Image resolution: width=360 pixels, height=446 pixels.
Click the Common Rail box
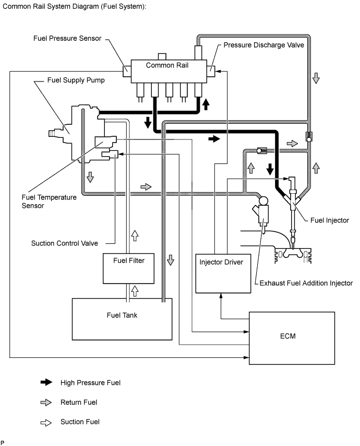(x=169, y=72)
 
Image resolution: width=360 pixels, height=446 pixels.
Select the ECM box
(x=292, y=338)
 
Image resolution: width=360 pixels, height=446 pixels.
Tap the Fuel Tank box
(x=122, y=319)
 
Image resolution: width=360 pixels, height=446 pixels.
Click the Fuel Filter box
(x=129, y=268)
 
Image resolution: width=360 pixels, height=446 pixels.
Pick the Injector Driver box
(x=223, y=273)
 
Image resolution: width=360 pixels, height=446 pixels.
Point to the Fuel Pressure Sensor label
(x=67, y=39)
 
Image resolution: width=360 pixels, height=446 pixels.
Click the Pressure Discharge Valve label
(x=263, y=45)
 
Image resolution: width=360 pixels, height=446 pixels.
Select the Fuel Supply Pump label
(x=76, y=80)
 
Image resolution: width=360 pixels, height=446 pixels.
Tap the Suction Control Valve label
(x=65, y=243)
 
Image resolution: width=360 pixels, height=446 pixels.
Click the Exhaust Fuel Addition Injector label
(x=306, y=283)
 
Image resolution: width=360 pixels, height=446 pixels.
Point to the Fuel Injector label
(x=330, y=220)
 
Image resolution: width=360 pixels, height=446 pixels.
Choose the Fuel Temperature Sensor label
(x=49, y=202)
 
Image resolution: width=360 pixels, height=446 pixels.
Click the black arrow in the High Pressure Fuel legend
(x=46, y=382)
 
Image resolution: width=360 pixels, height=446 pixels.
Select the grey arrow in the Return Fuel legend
(x=46, y=402)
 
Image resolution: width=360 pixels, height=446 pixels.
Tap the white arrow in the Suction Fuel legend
(x=46, y=422)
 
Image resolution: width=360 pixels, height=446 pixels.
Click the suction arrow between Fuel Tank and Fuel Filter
(x=135, y=291)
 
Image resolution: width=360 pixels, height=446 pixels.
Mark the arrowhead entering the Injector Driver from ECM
(x=221, y=296)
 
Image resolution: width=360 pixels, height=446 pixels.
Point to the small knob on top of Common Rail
(x=162, y=56)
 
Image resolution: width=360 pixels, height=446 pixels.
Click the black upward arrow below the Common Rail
(x=206, y=104)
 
